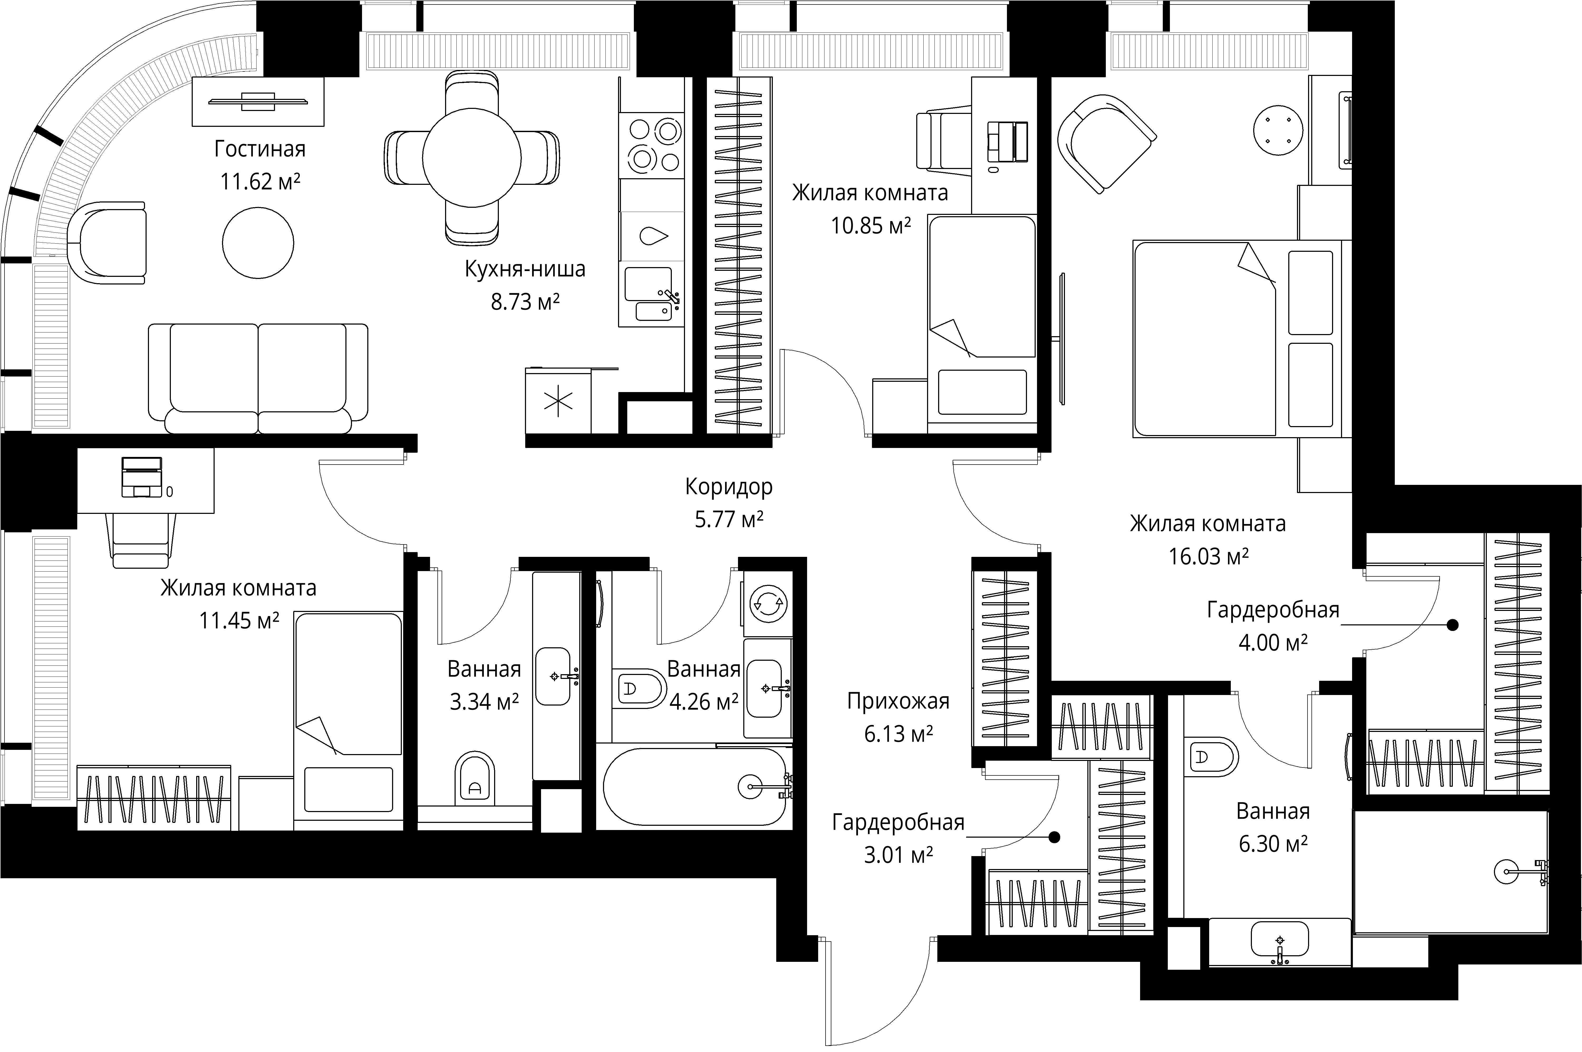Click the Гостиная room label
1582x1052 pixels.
[260, 149]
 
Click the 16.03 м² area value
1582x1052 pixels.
[1208, 556]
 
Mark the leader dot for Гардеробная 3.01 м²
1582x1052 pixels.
[1055, 837]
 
